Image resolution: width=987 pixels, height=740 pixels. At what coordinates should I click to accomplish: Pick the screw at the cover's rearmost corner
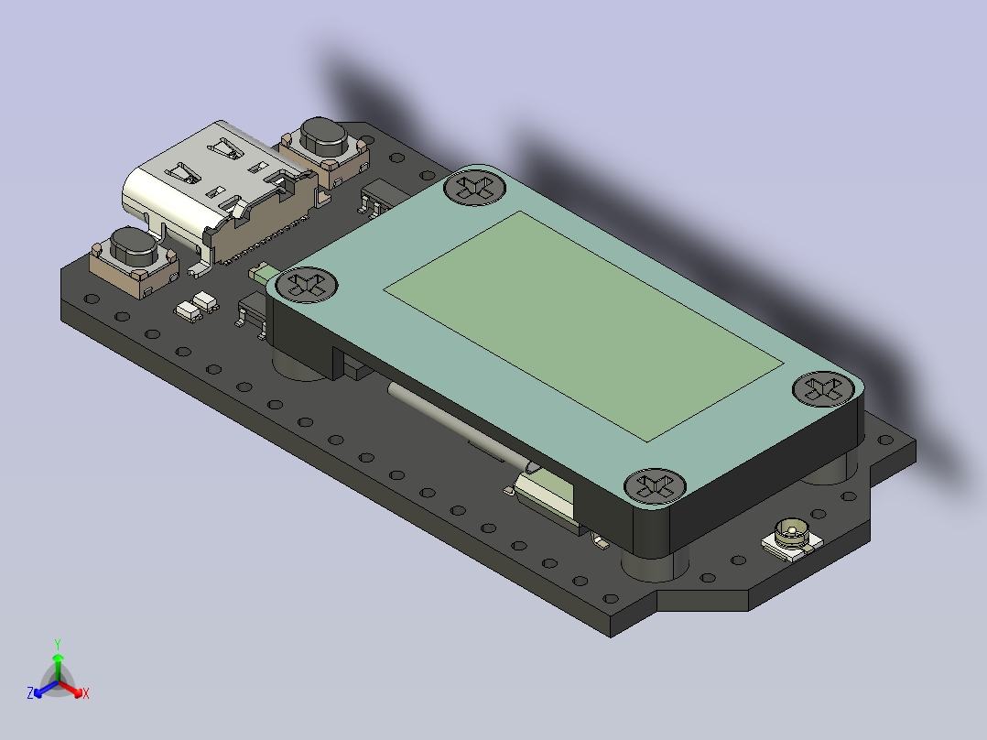tap(474, 188)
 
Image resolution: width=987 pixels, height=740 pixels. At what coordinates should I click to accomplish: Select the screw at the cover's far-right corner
tap(822, 387)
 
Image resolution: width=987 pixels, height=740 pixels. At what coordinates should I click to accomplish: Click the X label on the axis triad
tap(86, 694)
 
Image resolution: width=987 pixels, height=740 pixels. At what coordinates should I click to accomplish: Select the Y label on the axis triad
tap(57, 643)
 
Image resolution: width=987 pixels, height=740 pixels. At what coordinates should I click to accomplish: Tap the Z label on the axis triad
tap(30, 693)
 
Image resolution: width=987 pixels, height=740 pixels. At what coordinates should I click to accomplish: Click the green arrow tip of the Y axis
tap(58, 658)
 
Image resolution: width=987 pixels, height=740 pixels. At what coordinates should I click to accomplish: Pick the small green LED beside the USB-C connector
tap(260, 272)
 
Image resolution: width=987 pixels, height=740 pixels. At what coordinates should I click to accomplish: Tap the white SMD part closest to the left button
tap(188, 310)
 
